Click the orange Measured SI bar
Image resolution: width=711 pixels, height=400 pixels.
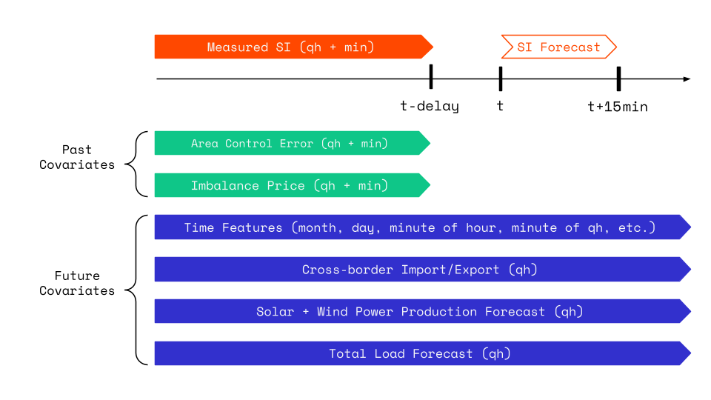pos(291,47)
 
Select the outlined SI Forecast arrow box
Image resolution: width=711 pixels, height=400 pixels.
pos(558,47)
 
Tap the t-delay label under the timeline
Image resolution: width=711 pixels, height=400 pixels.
pos(430,106)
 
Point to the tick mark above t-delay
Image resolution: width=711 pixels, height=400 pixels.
pos(430,77)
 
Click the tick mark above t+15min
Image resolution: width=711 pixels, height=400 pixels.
pos(618,78)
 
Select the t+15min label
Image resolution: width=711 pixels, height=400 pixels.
pos(617,107)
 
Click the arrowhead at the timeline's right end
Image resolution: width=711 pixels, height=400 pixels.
pos(687,79)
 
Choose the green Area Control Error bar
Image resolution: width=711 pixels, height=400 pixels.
pos(290,143)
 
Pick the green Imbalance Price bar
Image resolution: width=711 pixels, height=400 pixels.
pos(290,185)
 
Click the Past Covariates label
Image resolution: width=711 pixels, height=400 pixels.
pos(77,157)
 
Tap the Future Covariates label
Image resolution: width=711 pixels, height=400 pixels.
pos(77,283)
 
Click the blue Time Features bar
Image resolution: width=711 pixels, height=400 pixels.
pos(420,227)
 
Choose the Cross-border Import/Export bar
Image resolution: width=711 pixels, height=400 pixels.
pos(420,270)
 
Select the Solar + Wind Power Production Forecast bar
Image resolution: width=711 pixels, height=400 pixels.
pos(420,312)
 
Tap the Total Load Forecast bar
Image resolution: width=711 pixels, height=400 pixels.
pos(420,354)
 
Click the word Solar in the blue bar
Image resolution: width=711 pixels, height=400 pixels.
pos(275,312)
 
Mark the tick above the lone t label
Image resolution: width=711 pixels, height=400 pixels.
pos(501,78)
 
